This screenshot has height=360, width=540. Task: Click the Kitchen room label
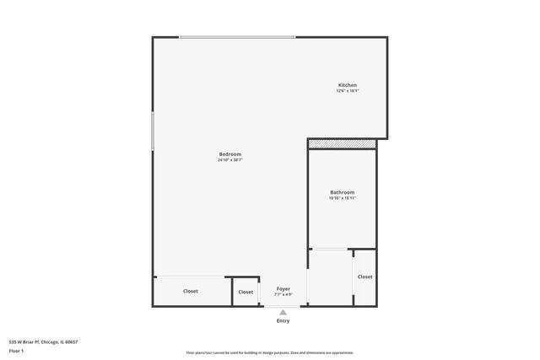(348, 85)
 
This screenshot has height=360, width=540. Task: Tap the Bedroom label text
(230, 154)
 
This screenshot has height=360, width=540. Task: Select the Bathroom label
(342, 192)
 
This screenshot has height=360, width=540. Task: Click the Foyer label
(283, 288)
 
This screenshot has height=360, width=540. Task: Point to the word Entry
(283, 320)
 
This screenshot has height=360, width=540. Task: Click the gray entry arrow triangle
(283, 312)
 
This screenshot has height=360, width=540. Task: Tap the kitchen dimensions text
(348, 91)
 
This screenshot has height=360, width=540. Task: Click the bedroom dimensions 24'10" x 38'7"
(230, 160)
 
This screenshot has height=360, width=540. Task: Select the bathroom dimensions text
(342, 198)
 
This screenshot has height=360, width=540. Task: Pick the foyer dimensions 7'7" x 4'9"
(283, 294)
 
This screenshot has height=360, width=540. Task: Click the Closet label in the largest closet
(191, 291)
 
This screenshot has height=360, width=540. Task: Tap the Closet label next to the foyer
(246, 292)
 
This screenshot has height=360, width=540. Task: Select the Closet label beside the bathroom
(364, 277)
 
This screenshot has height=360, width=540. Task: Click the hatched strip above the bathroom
(342, 144)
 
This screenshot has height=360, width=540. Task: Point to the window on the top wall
(237, 37)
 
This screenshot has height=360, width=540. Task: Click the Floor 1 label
(16, 350)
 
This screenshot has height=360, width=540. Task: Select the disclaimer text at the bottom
(269, 352)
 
